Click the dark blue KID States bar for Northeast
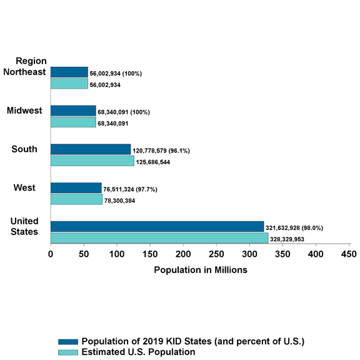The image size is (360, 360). click(69, 72)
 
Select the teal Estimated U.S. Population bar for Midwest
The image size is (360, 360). click(73, 122)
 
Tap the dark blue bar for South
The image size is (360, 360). click(91, 149)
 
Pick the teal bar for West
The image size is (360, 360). click(76, 199)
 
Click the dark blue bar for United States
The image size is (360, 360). click(157, 226)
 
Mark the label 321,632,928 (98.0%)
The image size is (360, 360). click(297, 228)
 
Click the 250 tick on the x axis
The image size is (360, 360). click(216, 254)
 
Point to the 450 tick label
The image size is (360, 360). click(349, 254)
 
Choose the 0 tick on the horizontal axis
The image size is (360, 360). click(51, 254)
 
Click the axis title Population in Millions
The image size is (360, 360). click(200, 270)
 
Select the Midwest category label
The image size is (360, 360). click(24, 111)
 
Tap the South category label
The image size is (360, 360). click(24, 149)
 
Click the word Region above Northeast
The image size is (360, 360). click(31, 61)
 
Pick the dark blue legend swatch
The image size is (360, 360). click(68, 341)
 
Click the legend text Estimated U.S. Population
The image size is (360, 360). click(139, 352)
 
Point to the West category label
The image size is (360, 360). click(24, 187)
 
